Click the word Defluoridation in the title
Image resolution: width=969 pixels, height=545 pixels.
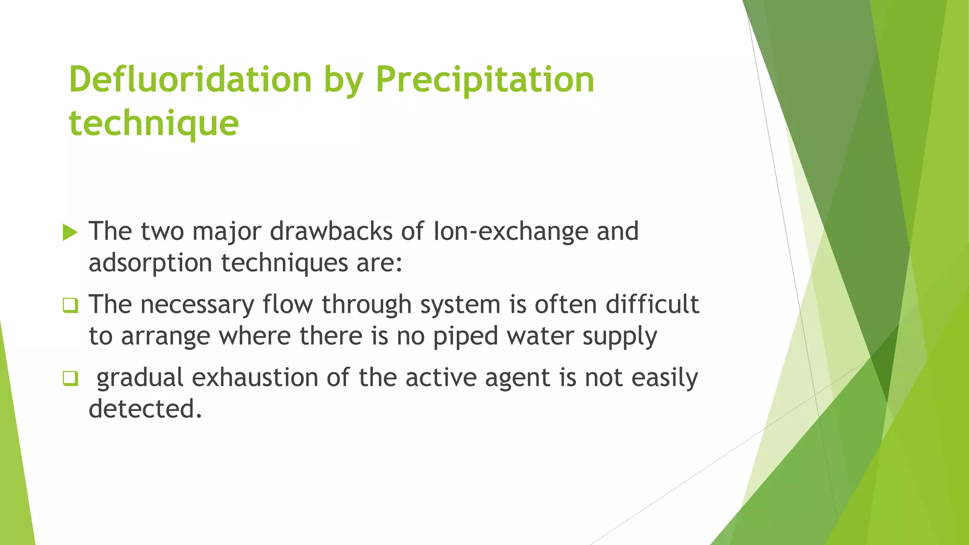tap(190, 79)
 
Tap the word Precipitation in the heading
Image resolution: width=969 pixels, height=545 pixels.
tap(485, 79)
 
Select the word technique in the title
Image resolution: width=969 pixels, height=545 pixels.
tap(154, 123)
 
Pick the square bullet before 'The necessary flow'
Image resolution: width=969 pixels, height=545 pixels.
tap(70, 305)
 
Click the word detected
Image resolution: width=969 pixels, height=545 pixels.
tap(145, 409)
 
